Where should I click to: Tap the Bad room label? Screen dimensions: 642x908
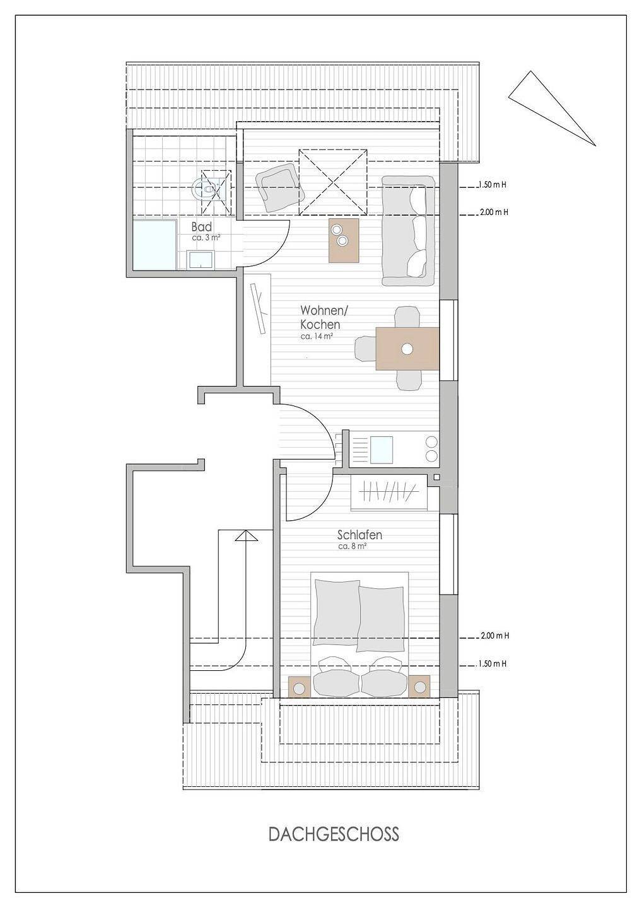pos(201,226)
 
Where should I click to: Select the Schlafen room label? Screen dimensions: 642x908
pos(359,535)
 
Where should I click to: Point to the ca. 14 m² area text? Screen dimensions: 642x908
pos(317,336)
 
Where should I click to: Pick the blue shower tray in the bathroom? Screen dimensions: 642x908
pos(155,245)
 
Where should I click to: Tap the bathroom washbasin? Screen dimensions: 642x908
pos(201,259)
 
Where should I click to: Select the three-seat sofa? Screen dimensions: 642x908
pos(408,231)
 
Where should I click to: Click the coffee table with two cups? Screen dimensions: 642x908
pos(344,240)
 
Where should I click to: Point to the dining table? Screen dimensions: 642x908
pos(407,349)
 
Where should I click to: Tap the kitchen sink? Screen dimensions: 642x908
pos(381,450)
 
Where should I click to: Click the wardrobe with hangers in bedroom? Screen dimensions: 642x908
pos(389,492)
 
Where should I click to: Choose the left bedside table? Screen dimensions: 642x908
pos(299,687)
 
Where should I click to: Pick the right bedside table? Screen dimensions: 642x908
pos(419,687)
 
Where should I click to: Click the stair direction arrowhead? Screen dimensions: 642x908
pos(247,536)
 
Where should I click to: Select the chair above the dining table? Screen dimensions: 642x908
pos(407,317)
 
